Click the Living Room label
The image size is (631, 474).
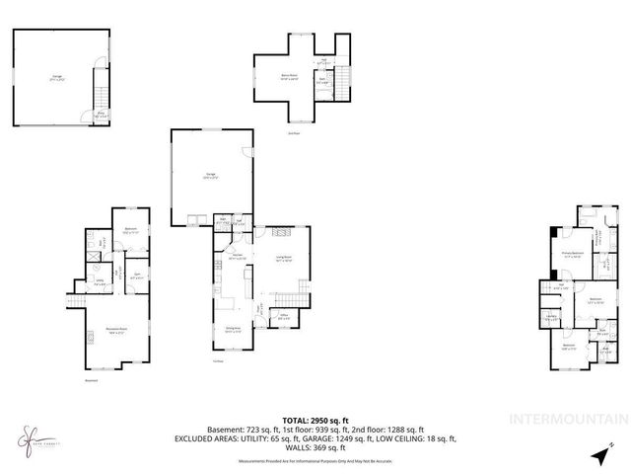284,257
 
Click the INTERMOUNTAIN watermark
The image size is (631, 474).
567,419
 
